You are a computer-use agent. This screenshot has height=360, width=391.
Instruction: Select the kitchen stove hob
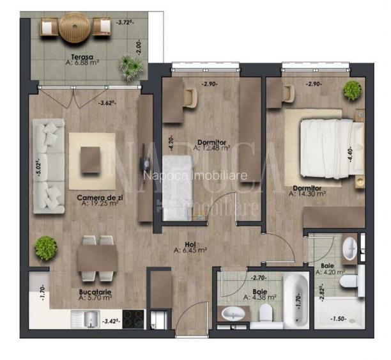[x=132, y=318]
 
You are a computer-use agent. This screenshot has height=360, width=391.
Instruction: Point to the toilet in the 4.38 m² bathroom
[x=266, y=313]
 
